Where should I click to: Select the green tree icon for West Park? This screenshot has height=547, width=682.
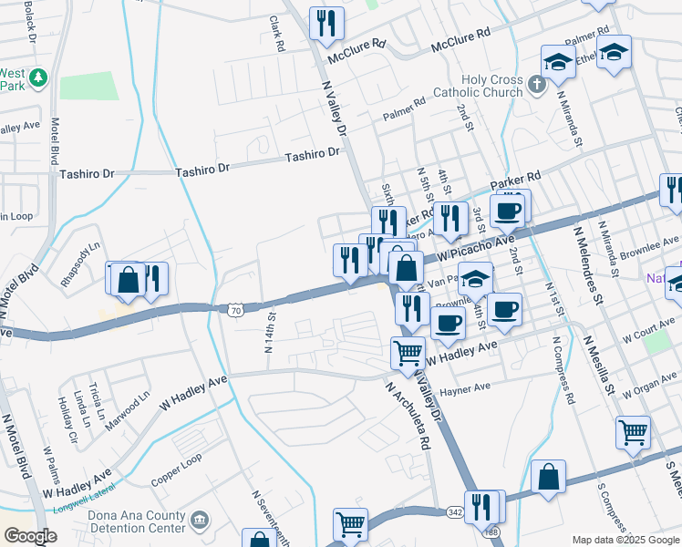point(37,78)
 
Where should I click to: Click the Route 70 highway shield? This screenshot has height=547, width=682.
point(235,310)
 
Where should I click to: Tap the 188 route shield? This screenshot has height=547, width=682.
point(491,532)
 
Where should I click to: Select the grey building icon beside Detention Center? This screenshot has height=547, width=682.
point(201,521)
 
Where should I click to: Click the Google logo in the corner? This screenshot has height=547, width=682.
point(29,536)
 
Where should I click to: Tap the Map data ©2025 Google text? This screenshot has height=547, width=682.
point(625,540)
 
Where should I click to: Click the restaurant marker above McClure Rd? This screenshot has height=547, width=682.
point(326,23)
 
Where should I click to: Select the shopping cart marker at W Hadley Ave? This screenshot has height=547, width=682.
point(408,352)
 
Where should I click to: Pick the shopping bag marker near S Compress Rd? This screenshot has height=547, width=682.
point(549,477)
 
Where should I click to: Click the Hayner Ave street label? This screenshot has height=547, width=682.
point(465,387)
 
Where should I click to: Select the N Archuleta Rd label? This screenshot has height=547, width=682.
point(401,416)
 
